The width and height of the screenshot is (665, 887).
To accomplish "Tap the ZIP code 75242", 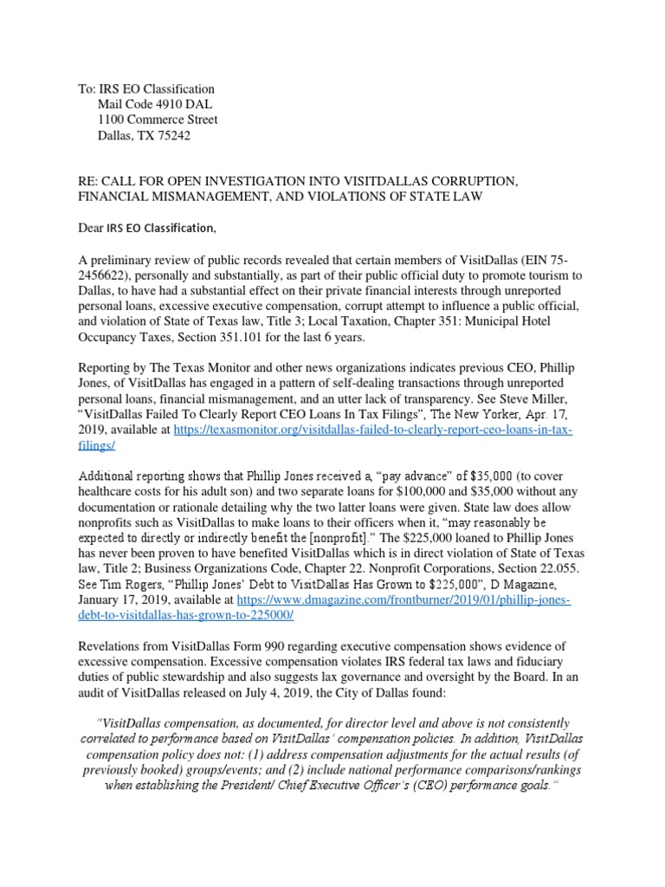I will pos(172,136).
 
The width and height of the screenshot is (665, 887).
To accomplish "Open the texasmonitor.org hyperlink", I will pos(372,431).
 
